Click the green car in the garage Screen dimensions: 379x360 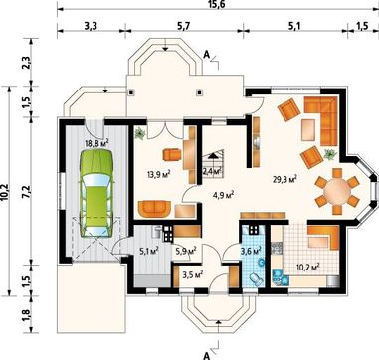(x=95, y=193)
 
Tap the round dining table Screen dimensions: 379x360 (x=337, y=191)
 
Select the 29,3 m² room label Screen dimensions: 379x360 (x=284, y=179)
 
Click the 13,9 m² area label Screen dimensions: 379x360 (x=159, y=173)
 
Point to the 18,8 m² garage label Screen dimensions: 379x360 (x=97, y=143)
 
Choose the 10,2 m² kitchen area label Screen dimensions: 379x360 (x=306, y=266)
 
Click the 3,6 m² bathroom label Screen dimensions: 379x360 (x=251, y=250)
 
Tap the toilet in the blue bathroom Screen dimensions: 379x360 (x=256, y=278)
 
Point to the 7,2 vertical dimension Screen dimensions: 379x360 (x=27, y=192)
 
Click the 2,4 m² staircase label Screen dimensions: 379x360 (x=212, y=171)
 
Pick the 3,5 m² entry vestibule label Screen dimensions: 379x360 (x=193, y=274)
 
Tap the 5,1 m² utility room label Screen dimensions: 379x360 (x=148, y=251)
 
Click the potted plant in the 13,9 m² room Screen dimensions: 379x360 (x=140, y=133)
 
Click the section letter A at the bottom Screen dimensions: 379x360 (x=206, y=356)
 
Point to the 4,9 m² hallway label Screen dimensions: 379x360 (x=224, y=195)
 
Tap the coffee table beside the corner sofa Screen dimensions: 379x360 (x=308, y=130)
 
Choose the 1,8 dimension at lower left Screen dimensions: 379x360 (x=27, y=314)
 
